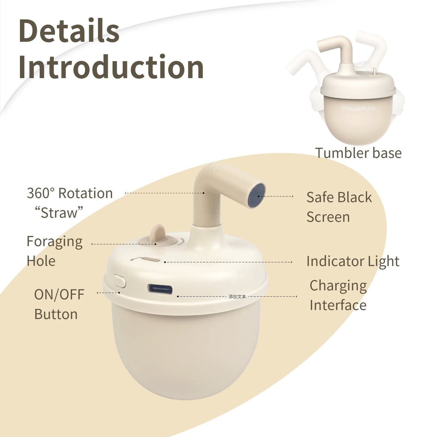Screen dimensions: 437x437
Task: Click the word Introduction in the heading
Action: [111, 67]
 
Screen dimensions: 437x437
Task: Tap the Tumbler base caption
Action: [358, 153]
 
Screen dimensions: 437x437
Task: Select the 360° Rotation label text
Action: [70, 193]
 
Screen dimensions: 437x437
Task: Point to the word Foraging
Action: [54, 242]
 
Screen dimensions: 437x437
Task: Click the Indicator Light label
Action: [353, 262]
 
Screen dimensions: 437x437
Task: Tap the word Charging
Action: [338, 286]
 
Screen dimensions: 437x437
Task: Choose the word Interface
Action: [338, 305]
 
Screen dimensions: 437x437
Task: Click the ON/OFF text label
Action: [59, 295]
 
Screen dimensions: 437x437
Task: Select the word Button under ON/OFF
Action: [56, 314]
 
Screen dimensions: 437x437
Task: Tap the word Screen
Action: [328, 217]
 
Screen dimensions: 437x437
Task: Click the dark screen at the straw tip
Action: [256, 195]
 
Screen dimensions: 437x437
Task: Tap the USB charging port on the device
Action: [160, 289]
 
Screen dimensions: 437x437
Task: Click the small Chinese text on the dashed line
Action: [237, 297]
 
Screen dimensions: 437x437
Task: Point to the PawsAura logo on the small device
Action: [358, 108]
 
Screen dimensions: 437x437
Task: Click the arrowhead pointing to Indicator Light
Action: [291, 263]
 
